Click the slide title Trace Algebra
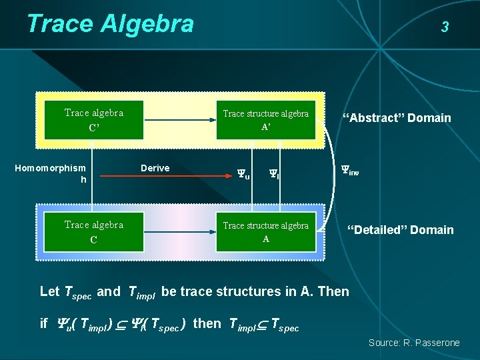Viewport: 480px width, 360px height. tap(110, 24)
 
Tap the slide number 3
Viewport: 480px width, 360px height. tap(445, 27)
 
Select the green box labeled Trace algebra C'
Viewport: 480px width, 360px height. tap(94, 120)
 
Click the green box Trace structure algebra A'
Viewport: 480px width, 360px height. tap(265, 120)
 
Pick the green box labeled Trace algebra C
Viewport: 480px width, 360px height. tap(94, 232)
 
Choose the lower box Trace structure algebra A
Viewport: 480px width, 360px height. tap(265, 232)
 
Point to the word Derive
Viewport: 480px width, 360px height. tap(155, 168)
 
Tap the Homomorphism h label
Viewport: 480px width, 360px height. tap(51, 174)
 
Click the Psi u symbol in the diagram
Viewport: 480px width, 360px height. tap(243, 175)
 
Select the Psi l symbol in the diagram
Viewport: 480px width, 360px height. tap(273, 175)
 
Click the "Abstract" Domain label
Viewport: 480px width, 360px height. tap(397, 118)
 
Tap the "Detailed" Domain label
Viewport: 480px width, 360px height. tap(400, 230)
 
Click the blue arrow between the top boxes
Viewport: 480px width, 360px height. tap(180, 121)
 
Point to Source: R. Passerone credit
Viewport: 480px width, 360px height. tap(414, 343)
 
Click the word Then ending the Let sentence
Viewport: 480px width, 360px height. tap(333, 291)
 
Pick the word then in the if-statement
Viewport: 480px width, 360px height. tap(207, 323)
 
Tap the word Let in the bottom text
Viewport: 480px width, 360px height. tap(49, 291)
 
